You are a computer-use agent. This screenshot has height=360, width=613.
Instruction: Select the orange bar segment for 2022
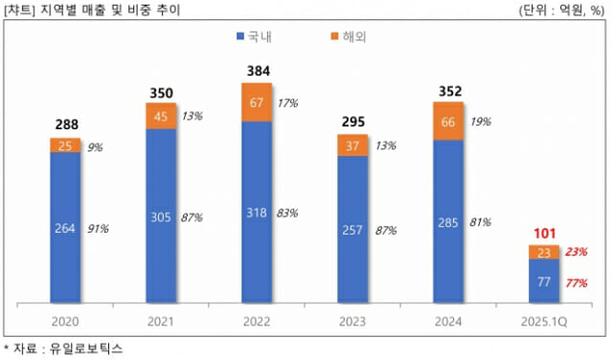coord(256,102)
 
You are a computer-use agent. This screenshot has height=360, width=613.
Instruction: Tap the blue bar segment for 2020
coord(65,228)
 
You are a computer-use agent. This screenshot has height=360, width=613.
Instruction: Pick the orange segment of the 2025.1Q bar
coord(543,253)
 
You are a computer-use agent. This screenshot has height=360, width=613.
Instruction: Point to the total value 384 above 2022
coord(256,73)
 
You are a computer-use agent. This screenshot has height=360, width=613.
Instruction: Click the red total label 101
coord(543,233)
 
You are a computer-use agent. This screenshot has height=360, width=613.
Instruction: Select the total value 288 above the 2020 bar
coord(65,125)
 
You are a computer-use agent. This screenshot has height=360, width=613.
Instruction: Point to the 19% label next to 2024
coord(481,123)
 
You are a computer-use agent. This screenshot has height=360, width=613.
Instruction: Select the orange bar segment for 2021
coord(160,115)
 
